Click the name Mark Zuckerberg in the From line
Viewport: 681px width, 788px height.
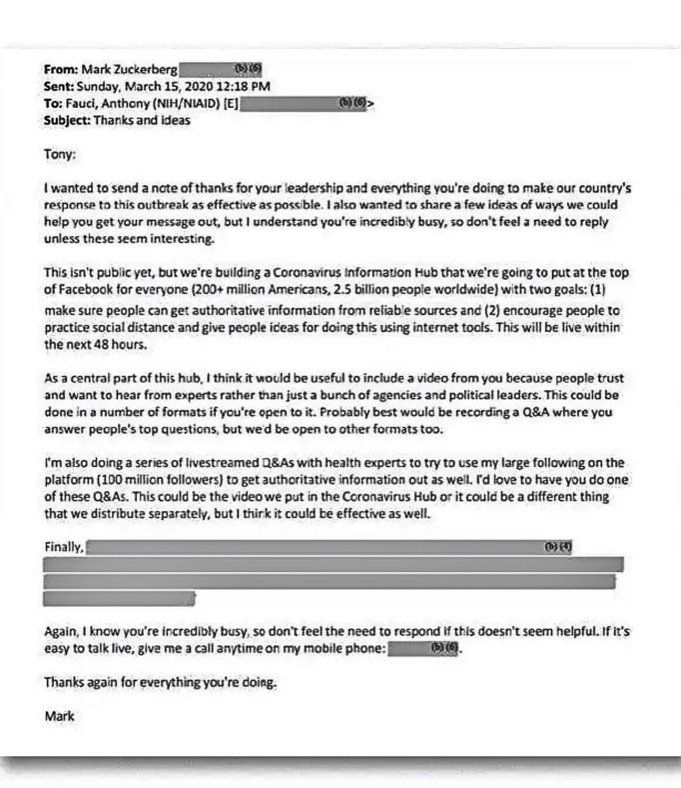[x=129, y=69]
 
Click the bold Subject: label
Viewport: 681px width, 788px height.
[x=67, y=121]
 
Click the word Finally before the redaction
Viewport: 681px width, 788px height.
[x=63, y=547]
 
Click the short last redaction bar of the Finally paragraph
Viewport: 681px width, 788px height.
[x=119, y=599]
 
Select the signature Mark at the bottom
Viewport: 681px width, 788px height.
[x=59, y=716]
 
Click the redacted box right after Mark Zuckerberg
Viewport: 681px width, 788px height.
[x=220, y=69]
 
